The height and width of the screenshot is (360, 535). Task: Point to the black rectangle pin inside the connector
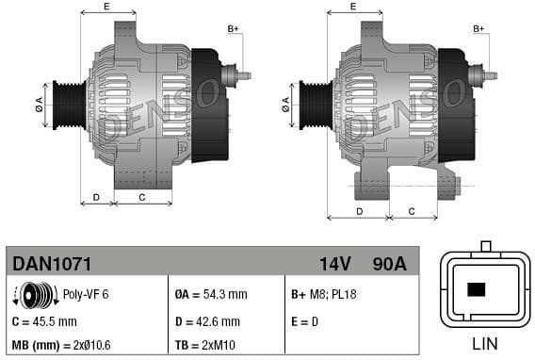[x=477, y=289]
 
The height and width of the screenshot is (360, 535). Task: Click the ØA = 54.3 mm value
[x=212, y=295]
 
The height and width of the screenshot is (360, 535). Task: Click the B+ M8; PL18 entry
[x=322, y=295]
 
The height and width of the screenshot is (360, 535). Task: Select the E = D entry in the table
[x=306, y=321]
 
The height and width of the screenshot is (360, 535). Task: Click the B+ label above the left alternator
[x=234, y=30]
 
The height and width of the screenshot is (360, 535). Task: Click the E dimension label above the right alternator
[x=352, y=7]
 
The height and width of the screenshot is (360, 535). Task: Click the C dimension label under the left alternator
[x=141, y=197]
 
